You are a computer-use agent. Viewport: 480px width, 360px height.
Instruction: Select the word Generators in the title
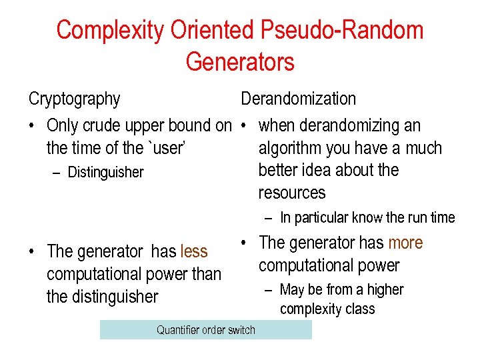[x=240, y=62]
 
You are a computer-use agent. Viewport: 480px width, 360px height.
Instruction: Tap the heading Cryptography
[x=74, y=99]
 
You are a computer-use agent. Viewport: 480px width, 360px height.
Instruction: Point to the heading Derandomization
[x=298, y=99]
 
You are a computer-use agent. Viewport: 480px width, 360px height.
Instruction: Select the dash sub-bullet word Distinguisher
[x=105, y=172]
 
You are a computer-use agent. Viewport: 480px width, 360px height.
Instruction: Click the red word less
[x=194, y=251]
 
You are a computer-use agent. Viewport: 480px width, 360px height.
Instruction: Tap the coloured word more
[x=405, y=243]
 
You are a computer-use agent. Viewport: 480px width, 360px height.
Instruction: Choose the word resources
[x=292, y=193]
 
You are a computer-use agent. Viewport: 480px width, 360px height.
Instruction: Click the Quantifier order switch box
[x=205, y=330]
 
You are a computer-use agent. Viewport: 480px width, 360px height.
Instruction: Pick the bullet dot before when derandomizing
[x=245, y=126]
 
